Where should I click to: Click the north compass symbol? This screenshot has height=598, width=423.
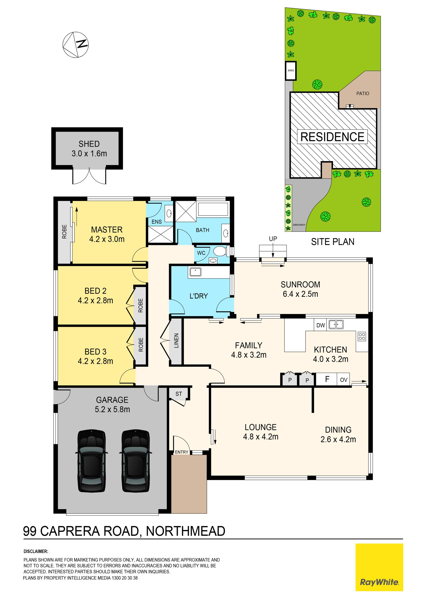click(x=76, y=45)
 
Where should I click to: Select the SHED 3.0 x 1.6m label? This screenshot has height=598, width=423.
click(x=89, y=148)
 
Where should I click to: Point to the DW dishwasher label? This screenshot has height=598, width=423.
click(x=321, y=325)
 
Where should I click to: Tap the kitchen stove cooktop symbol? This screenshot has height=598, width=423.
click(x=362, y=336)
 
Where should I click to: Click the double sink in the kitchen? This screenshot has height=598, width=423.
click(x=336, y=325)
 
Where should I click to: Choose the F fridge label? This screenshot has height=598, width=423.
click(x=327, y=379)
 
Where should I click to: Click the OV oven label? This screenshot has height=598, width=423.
click(x=343, y=380)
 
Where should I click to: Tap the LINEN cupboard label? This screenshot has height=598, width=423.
click(x=176, y=341)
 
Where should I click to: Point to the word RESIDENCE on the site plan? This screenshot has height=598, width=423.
click(x=332, y=137)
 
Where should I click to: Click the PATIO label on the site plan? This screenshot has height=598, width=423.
click(x=363, y=94)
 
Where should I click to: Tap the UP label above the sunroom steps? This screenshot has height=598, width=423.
click(x=273, y=239)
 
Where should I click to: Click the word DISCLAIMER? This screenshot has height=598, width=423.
click(x=36, y=551)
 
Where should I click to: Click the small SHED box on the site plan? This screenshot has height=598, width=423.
click(x=291, y=71)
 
